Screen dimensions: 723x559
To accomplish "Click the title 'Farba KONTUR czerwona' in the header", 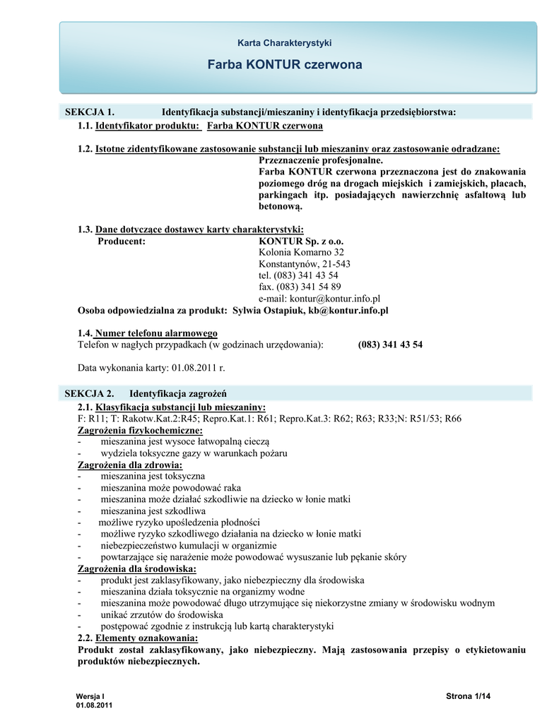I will point(285,65).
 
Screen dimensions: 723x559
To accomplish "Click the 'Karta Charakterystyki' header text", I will point(285,42).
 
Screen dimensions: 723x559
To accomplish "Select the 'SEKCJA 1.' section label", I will point(90,112).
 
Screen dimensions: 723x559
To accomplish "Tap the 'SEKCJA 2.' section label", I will point(90,393).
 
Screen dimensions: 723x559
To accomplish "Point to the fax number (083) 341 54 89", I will point(300,287).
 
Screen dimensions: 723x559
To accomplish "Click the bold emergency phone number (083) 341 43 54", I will point(390,345).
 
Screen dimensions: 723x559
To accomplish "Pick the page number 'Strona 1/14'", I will point(468,697).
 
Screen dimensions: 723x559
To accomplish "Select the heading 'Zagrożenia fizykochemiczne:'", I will point(140,430).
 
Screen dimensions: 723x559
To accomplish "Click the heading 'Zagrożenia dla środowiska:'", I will point(137,569).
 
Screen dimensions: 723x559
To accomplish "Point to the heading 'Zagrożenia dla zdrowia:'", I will point(129,465).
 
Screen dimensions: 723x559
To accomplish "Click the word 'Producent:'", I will point(122,241).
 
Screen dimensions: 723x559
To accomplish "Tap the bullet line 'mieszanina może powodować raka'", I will point(171,488).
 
